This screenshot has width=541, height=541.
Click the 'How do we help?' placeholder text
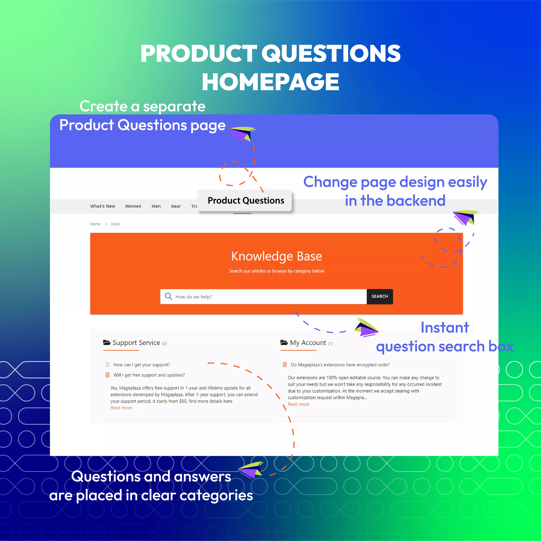click(x=194, y=297)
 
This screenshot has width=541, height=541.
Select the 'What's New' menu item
click(x=102, y=206)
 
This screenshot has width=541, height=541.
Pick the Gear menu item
click(x=176, y=206)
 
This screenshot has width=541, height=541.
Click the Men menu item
click(x=156, y=206)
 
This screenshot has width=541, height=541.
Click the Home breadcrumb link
click(x=95, y=224)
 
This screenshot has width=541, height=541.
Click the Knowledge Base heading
click(x=276, y=256)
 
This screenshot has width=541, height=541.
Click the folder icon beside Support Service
click(x=107, y=342)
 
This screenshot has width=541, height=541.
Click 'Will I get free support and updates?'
click(x=149, y=375)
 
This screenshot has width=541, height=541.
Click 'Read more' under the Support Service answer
click(x=121, y=408)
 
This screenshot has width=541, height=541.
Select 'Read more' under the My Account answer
click(x=298, y=404)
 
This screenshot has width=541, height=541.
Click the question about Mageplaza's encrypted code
click(x=340, y=365)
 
